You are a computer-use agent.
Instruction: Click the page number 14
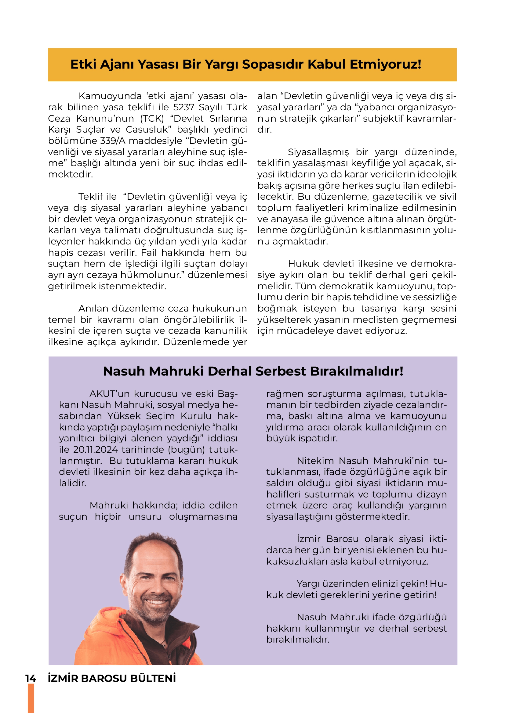click(x=31, y=679)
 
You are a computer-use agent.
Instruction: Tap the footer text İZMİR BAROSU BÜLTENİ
click(x=112, y=679)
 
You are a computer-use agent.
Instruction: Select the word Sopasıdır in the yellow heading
click(x=273, y=65)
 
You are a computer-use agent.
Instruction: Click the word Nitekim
click(x=316, y=461)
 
